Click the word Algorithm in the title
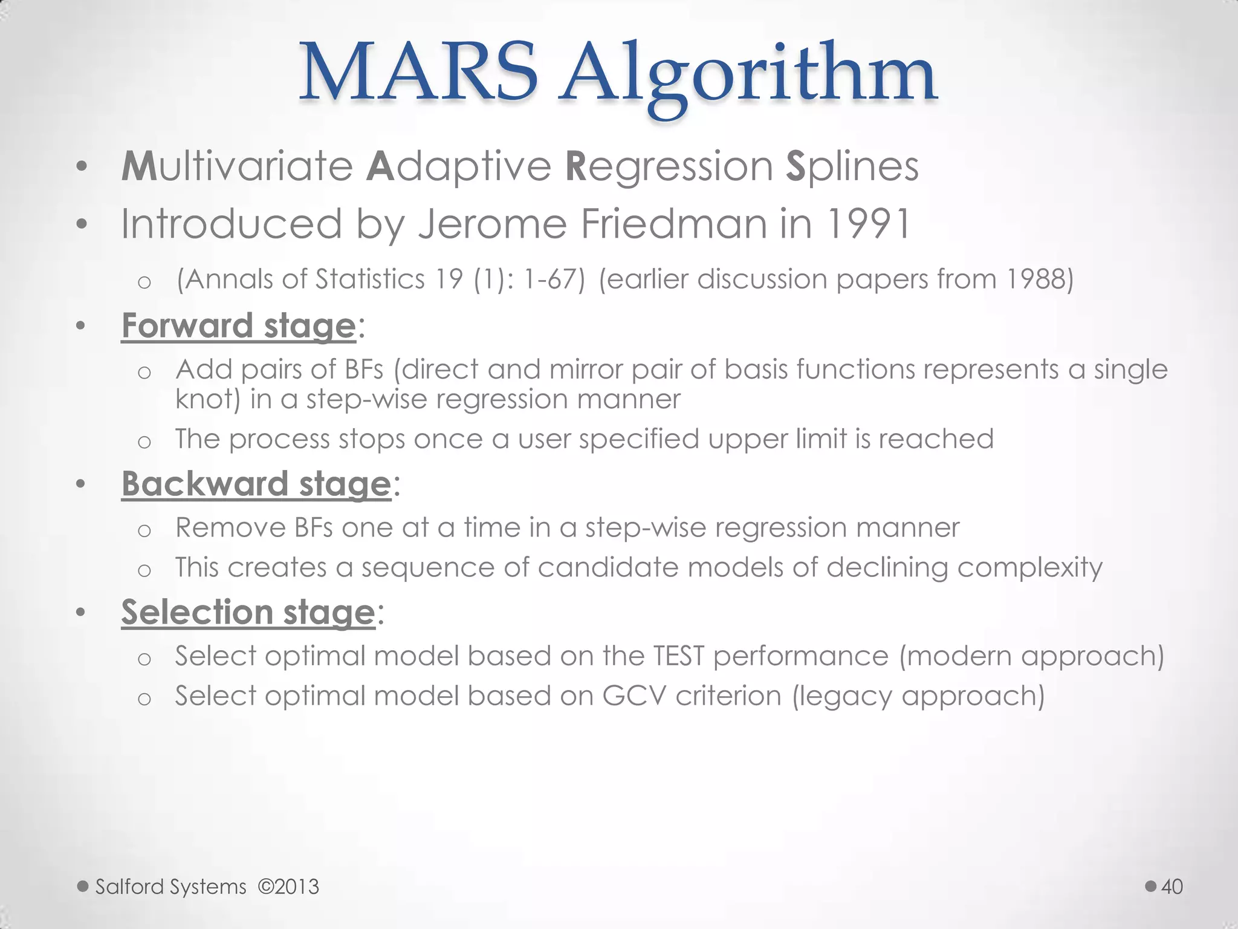747,76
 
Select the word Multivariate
237,166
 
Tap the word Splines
852,166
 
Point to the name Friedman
674,224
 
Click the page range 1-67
553,279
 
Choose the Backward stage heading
256,484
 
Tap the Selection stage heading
248,612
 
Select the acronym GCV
634,696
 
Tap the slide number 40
1172,887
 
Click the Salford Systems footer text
171,887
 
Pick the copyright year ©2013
288,887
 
